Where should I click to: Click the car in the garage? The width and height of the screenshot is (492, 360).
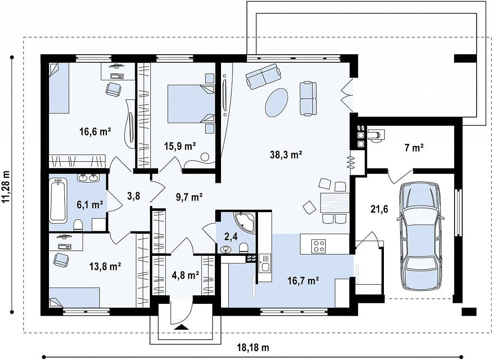(x=420, y=237)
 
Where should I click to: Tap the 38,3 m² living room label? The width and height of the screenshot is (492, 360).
(x=286, y=155)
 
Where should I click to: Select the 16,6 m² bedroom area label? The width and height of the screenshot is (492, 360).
(x=95, y=132)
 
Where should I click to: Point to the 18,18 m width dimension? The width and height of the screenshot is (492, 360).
(x=253, y=348)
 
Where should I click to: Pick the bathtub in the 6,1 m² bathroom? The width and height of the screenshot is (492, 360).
(x=58, y=200)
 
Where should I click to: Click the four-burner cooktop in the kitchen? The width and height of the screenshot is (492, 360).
(x=318, y=245)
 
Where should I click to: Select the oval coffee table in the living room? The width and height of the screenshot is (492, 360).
(x=276, y=102)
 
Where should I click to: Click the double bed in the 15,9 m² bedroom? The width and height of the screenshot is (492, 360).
(x=191, y=104)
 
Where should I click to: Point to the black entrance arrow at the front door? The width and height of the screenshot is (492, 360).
(x=181, y=327)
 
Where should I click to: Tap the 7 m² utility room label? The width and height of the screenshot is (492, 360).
(x=414, y=147)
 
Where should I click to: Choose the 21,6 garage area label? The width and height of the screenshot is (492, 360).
(x=379, y=209)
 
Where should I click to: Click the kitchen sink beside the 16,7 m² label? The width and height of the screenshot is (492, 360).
(x=265, y=267)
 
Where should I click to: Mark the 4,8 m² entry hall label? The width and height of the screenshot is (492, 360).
(x=185, y=276)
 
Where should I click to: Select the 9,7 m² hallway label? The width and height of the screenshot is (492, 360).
(x=188, y=197)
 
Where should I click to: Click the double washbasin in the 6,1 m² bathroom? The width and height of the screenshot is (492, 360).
(x=88, y=178)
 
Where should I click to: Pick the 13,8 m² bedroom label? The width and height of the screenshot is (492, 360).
(x=105, y=266)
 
